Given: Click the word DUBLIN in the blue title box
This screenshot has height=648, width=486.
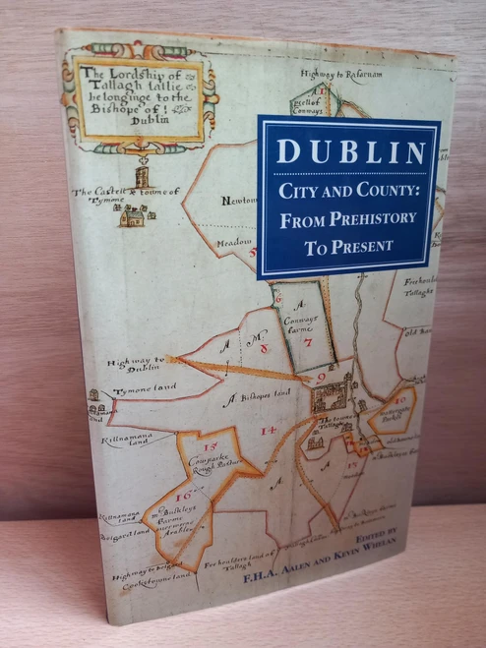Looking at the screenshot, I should click(x=349, y=152).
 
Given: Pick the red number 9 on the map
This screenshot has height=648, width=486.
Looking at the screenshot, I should click(x=321, y=376).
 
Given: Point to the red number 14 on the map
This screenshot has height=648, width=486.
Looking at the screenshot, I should click(x=267, y=430).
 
